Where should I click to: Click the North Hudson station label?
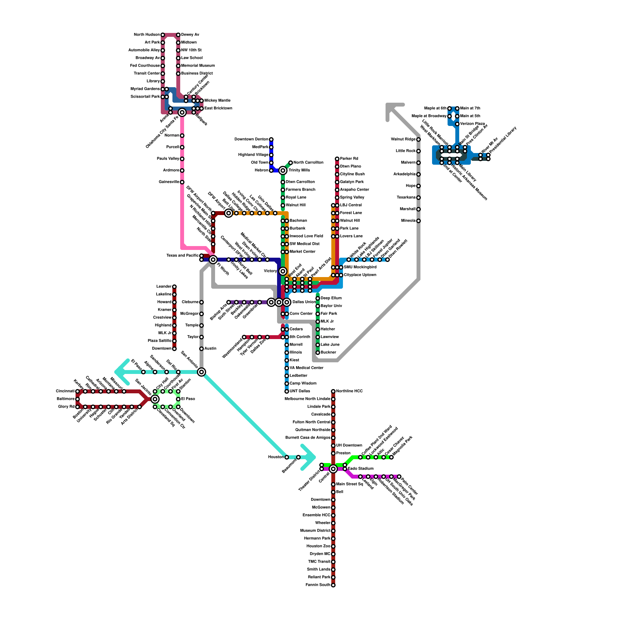(146, 35)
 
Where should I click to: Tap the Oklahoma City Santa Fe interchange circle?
(182, 112)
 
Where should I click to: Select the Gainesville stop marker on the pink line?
(182, 182)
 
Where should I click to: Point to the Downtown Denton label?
(251, 139)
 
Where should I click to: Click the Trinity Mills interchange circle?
(283, 170)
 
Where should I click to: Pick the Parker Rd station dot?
(337, 159)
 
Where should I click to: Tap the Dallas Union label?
(304, 302)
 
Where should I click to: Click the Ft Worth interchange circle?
(213, 260)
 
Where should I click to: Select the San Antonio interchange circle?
(201, 372)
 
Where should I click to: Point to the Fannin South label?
(318, 585)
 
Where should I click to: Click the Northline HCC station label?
(349, 391)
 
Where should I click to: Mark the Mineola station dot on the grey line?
(418, 221)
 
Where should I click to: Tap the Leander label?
(164, 287)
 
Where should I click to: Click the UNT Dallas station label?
(300, 391)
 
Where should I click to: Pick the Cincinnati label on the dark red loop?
(65, 391)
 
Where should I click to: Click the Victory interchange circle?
(283, 271)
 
